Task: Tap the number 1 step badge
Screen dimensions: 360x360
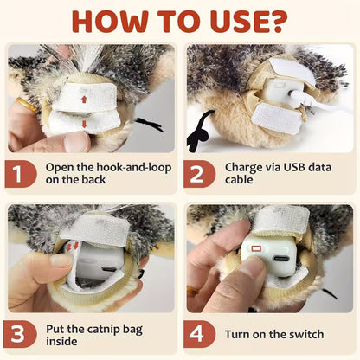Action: click(x=22, y=175)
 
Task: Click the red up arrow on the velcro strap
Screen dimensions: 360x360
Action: click(x=83, y=100)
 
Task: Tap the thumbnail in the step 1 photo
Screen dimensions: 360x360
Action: click(x=77, y=141)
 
